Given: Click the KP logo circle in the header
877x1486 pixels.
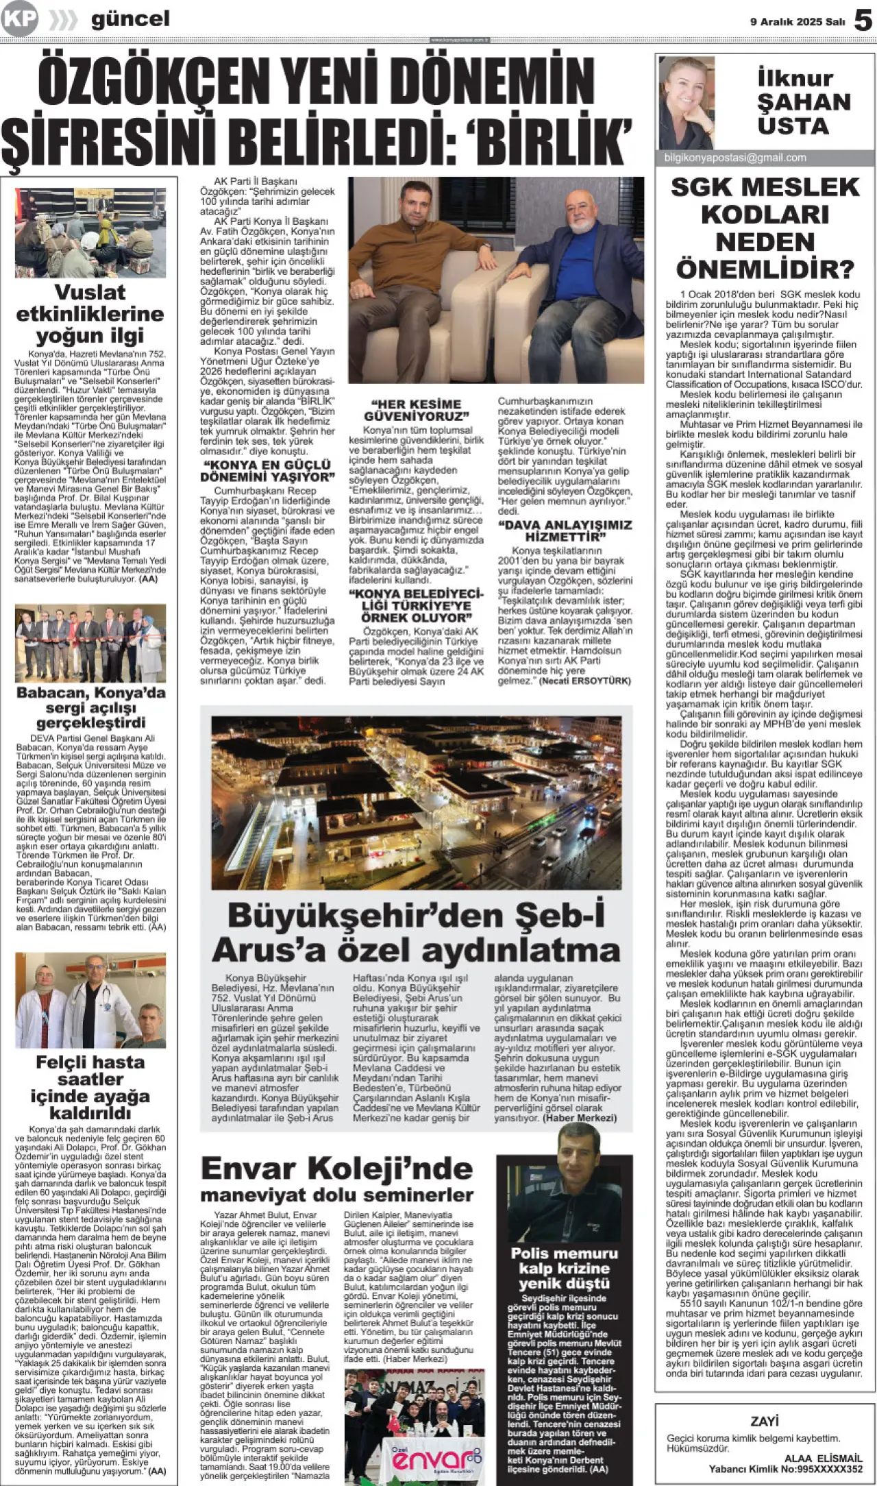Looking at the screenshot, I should coord(18,19).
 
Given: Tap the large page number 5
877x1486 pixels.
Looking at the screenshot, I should coord(863,21).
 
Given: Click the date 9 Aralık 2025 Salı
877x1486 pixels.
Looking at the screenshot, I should coord(798,22).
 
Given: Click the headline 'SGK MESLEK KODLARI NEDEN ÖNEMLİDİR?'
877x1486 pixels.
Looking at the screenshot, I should coord(765,228).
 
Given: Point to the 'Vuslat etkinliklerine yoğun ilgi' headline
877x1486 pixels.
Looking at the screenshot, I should coord(90,313).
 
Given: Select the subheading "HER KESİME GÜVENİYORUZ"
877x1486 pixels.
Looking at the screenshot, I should coord(416,410).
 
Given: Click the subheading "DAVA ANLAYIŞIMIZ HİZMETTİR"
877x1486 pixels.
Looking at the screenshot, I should coord(565,531).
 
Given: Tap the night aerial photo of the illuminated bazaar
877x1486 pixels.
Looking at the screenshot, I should coord(416,802).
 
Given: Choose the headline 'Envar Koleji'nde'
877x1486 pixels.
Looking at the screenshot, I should coord(336,1169).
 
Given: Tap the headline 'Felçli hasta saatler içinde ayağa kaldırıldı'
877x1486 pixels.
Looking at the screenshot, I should coord(90,1087).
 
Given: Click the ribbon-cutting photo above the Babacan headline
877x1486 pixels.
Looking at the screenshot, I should coord(90,642).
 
